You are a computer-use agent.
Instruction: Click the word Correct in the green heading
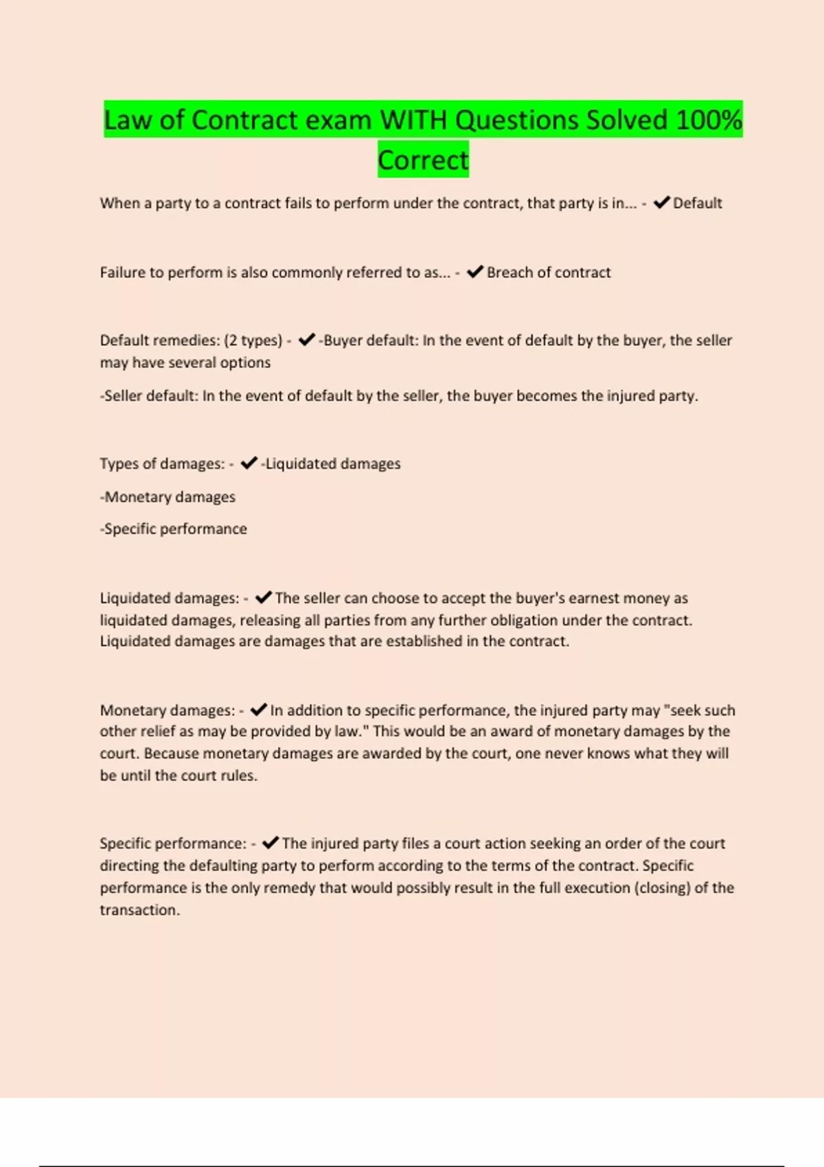423,160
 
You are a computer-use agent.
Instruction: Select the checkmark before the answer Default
661,203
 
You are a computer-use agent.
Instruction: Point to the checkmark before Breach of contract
475,272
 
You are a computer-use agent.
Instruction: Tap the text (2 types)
253,340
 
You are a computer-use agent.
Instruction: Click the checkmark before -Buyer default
306,340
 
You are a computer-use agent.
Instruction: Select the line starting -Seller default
398,396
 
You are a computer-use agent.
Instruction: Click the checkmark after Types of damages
249,463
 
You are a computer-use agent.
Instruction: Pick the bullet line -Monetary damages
168,497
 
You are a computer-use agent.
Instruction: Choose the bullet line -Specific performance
173,529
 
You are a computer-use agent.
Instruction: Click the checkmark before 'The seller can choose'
263,597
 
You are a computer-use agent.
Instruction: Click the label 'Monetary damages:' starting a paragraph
168,710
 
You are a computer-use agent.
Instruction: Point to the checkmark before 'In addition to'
258,710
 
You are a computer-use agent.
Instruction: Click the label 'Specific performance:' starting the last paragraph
173,844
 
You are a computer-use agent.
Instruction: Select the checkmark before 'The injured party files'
271,843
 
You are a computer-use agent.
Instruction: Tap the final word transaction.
139,910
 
